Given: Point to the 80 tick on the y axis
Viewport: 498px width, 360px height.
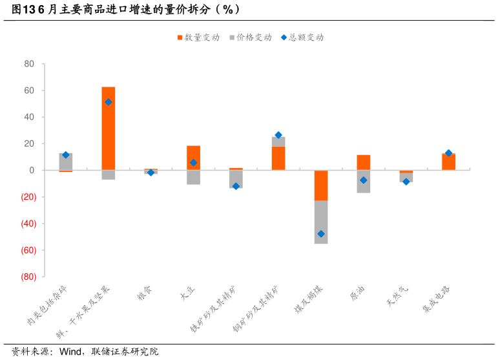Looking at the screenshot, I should click(29, 64).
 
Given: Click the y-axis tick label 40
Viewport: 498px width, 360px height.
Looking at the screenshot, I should click(29, 117).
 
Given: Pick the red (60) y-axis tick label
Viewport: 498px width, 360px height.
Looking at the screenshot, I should click(27, 250).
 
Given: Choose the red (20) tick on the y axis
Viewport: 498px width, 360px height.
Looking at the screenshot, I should click(27, 197).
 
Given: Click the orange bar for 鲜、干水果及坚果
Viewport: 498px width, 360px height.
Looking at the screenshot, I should click(109, 128).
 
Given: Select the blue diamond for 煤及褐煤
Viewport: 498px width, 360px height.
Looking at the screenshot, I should click(321, 234).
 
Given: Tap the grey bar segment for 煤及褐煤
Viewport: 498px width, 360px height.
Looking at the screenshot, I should click(321, 222).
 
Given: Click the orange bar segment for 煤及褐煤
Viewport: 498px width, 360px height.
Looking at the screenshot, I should click(321, 185).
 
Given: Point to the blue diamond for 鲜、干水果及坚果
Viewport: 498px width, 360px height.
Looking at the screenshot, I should click(109, 102).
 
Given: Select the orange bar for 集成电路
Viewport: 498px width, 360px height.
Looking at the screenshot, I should click(448, 162).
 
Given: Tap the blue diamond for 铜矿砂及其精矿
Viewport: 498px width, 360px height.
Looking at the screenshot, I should click(278, 135).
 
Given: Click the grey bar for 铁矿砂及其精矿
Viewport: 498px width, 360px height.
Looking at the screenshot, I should click(236, 179).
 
